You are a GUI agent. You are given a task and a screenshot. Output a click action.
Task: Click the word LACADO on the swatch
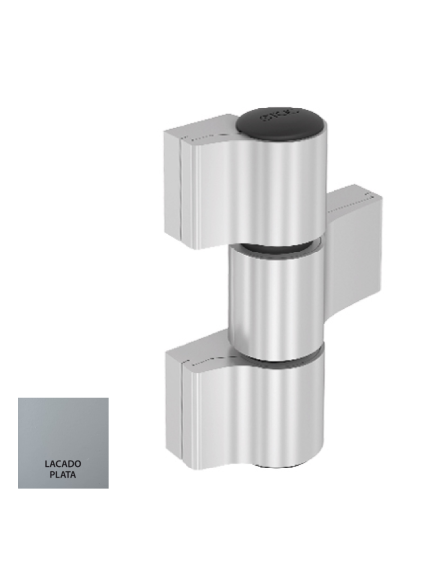point(62,462)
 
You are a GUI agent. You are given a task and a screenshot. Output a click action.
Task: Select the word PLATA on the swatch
point(62,474)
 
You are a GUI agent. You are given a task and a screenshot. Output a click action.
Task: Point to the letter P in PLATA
point(52,474)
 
